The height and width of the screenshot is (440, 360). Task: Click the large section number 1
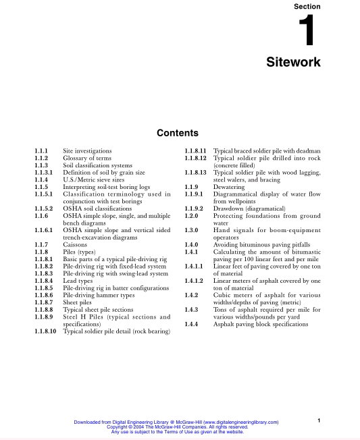307,31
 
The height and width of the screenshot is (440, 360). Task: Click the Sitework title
294,63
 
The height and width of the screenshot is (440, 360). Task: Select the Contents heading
177,133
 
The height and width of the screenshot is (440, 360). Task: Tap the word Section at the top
307,6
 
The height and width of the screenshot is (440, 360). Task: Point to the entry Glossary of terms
86,157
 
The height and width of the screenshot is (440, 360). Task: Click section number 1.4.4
194,324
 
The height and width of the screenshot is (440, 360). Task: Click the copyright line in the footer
178,427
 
